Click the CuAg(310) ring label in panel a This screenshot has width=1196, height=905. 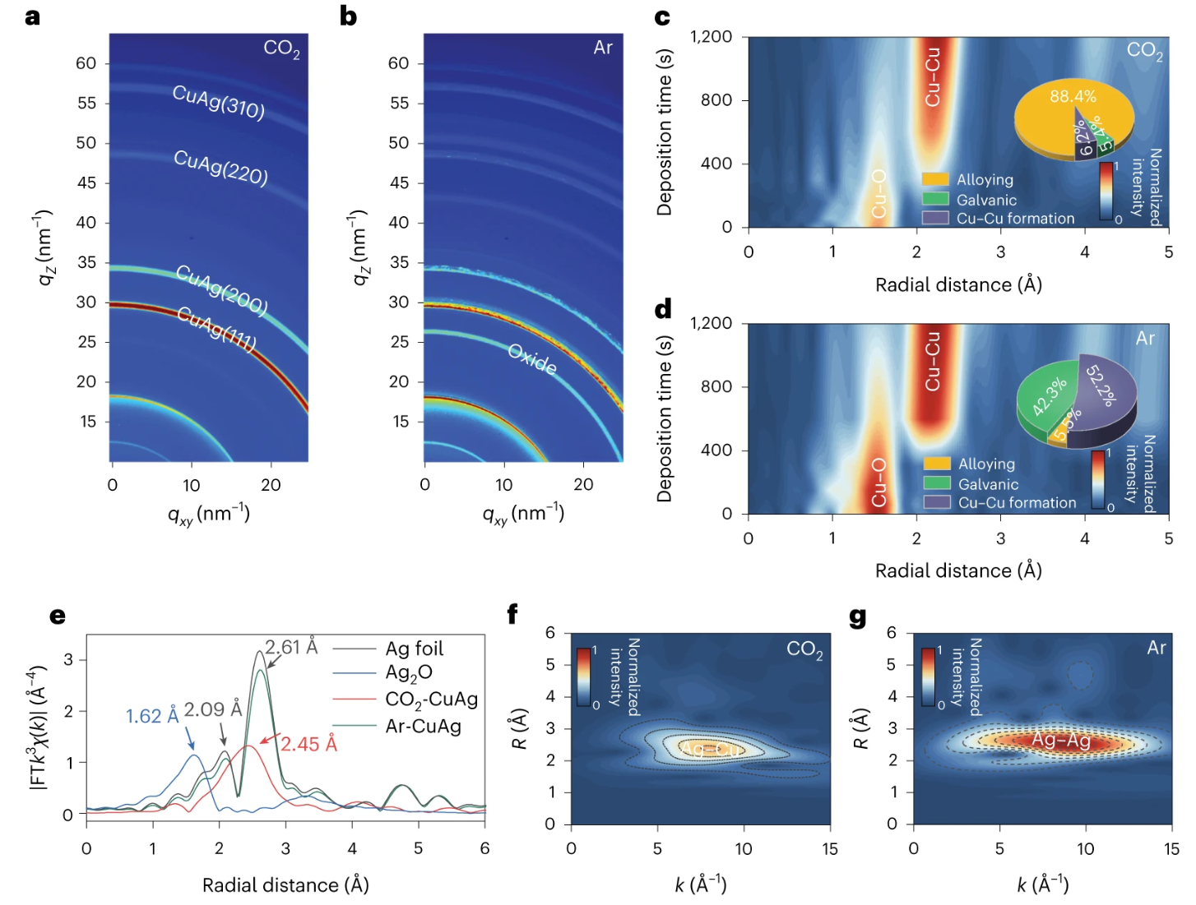[x=219, y=102]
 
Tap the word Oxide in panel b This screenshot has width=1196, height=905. [x=532, y=359]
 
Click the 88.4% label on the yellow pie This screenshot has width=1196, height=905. [x=1073, y=96]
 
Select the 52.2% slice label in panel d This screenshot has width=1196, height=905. [x=1101, y=386]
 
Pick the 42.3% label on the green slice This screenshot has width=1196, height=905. [x=1050, y=396]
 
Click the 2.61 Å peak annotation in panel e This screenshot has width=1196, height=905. [x=291, y=647]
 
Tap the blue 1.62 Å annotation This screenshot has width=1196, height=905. [x=152, y=716]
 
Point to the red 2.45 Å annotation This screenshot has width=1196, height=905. [x=309, y=744]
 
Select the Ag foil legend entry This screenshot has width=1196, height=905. [x=414, y=649]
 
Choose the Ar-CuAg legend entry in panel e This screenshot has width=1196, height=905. [x=423, y=726]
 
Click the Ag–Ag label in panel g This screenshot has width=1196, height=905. [x=1061, y=741]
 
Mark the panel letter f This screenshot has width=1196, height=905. [x=512, y=613]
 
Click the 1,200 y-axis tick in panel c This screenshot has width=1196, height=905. [x=711, y=36]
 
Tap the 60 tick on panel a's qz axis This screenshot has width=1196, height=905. [x=86, y=63]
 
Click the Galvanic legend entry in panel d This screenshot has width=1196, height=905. [x=988, y=484]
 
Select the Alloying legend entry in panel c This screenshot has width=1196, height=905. [x=985, y=179]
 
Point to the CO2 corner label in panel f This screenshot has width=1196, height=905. [x=804, y=649]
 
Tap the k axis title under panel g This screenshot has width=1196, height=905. [x=1042, y=884]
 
